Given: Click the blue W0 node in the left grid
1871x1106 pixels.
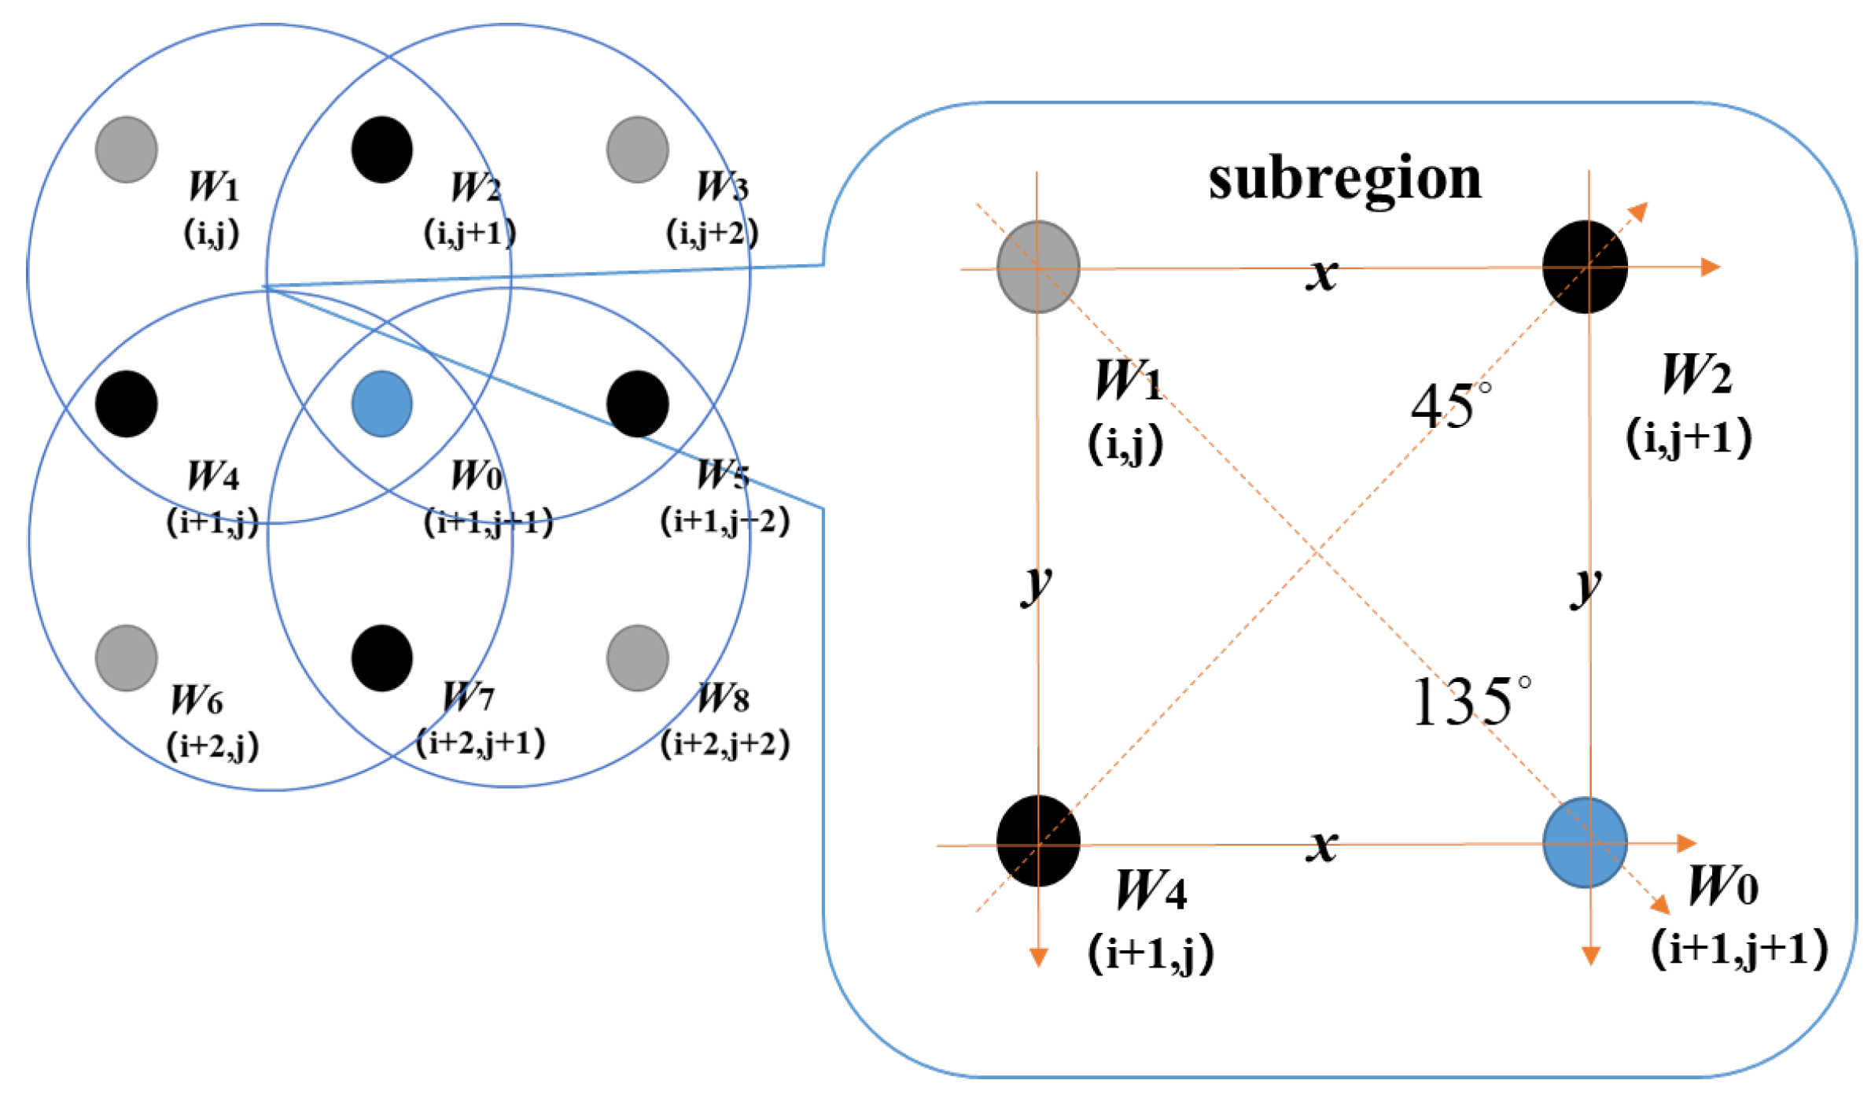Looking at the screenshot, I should (x=382, y=404).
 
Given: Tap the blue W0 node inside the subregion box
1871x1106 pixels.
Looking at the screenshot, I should (x=1585, y=842).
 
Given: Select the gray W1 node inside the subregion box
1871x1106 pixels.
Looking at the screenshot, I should (x=1038, y=267).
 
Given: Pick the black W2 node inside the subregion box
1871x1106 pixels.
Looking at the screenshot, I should (x=1585, y=267).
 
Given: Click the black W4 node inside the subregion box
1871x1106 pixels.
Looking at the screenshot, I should (x=1038, y=841).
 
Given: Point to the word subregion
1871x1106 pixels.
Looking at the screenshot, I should (x=1345, y=179).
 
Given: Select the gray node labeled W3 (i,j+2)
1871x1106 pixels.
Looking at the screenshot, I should (x=638, y=149).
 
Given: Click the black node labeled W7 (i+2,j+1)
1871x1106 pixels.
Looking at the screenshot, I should (x=382, y=658).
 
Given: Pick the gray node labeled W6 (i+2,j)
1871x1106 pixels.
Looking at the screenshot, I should (x=127, y=658).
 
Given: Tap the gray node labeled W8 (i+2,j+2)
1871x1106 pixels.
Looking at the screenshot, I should (x=638, y=658).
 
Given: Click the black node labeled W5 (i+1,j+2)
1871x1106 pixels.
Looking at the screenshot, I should (x=638, y=404).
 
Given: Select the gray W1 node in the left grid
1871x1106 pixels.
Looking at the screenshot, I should (x=127, y=149).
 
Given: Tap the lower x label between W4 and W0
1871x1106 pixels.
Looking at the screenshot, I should (x=1321, y=846).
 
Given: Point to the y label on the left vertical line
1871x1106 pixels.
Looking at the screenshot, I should (x=1037, y=584).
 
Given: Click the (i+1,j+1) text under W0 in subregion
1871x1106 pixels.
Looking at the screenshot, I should (x=1739, y=948).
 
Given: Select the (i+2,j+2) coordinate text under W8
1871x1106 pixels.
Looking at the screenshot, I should (x=724, y=743).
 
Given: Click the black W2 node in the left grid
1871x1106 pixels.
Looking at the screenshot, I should (x=382, y=149).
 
